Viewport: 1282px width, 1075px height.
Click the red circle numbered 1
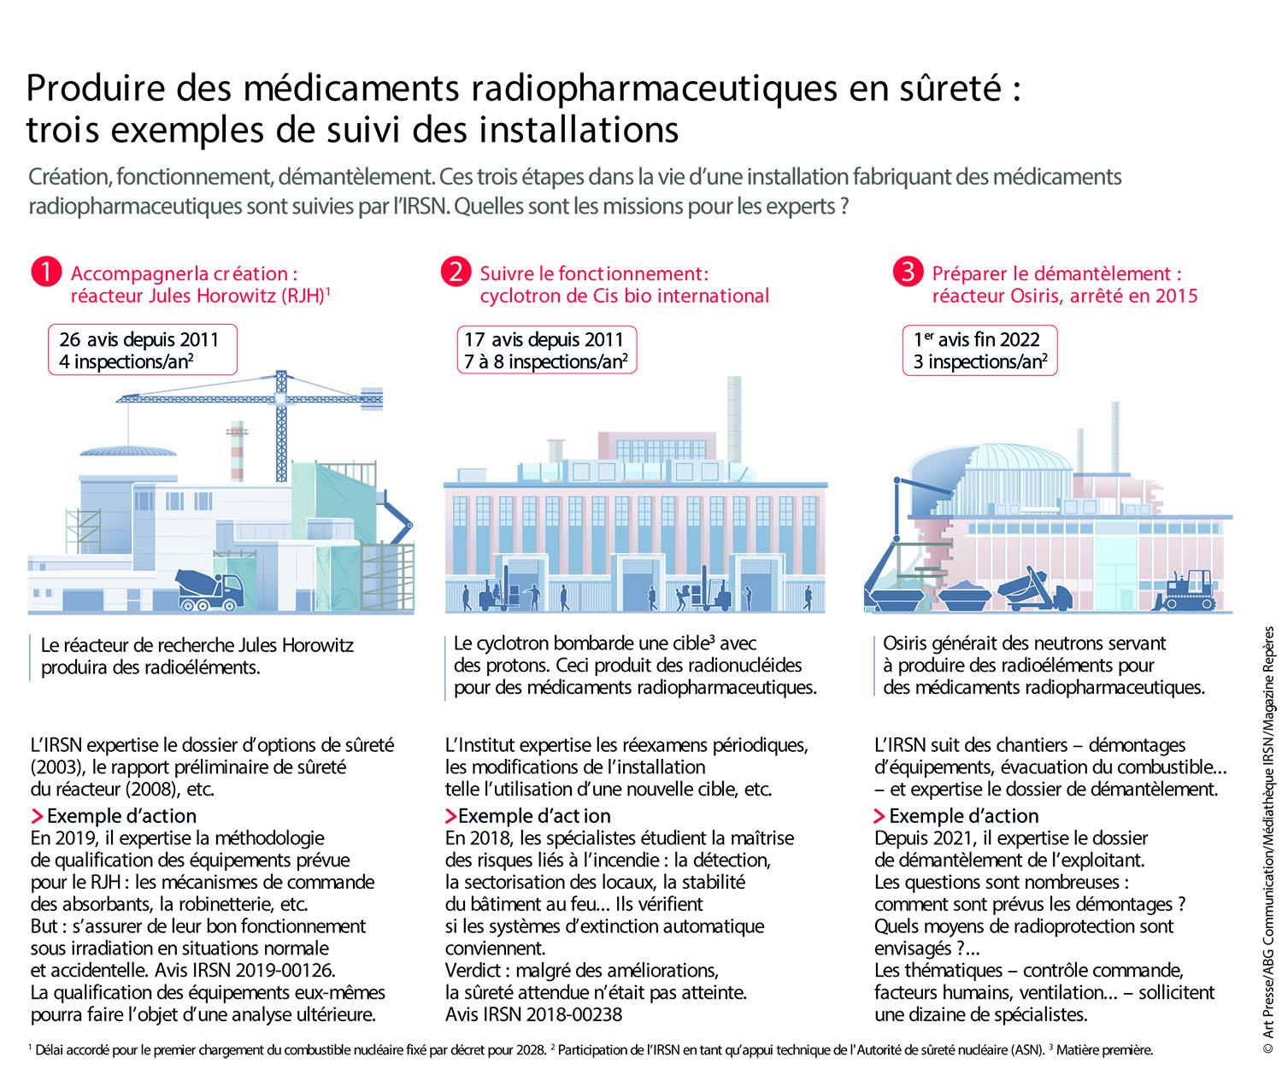(46, 273)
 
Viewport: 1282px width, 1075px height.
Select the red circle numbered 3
(907, 273)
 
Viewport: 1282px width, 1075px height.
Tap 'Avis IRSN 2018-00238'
(533, 1015)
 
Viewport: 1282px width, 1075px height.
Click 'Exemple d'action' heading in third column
(963, 815)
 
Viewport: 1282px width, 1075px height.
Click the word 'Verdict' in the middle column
(473, 971)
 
